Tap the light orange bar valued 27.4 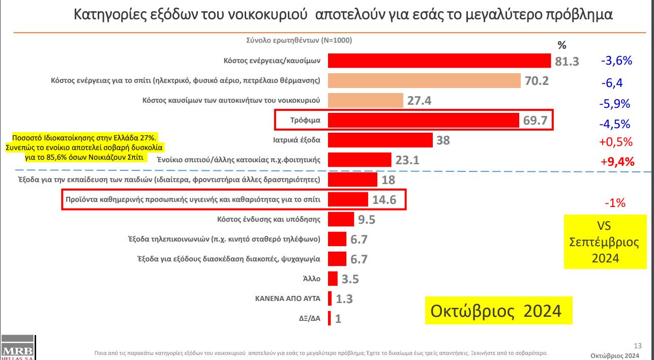(366, 100)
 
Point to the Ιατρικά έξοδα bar (380, 140)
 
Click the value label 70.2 (537, 81)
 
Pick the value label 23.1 (407, 160)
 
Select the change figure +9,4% (617, 162)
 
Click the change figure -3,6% (616, 61)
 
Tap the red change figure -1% (615, 203)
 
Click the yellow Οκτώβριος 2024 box (498, 310)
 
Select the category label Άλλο (311, 279)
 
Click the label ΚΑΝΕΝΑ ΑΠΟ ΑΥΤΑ (287, 298)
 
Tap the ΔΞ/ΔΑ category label (309, 319)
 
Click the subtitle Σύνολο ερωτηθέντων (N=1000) (299, 40)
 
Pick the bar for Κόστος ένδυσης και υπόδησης (341, 220)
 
